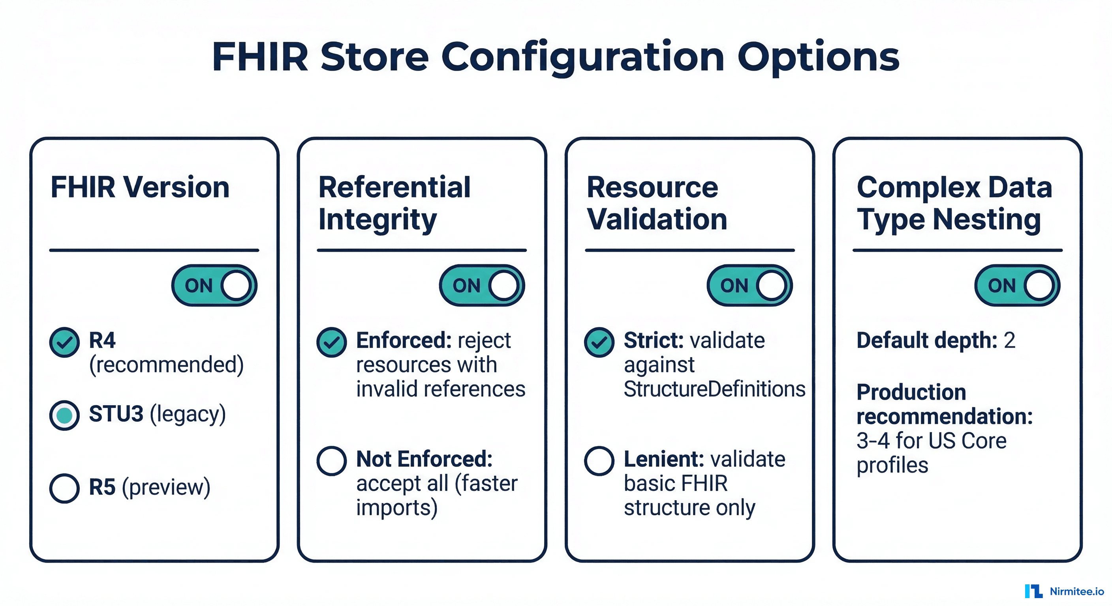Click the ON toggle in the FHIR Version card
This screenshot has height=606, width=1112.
214,286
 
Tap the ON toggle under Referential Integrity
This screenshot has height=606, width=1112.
482,286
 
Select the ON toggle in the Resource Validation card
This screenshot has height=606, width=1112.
749,286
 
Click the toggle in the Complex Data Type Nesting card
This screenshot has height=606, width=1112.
1017,286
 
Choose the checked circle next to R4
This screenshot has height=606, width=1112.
64,342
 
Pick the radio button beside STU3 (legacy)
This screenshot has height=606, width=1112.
64,415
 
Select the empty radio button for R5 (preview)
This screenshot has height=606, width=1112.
64,488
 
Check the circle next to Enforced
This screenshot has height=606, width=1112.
332,342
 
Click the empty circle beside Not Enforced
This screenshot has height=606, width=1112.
332,461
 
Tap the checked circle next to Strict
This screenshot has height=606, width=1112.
599,342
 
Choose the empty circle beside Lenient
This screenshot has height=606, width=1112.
599,461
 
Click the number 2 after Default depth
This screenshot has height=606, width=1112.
1009,341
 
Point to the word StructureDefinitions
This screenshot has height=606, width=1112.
714,389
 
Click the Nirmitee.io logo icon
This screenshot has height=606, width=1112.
1033,591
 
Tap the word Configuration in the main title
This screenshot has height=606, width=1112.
582,57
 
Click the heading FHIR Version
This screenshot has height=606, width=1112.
140,188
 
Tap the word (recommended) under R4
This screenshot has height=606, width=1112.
166,365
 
